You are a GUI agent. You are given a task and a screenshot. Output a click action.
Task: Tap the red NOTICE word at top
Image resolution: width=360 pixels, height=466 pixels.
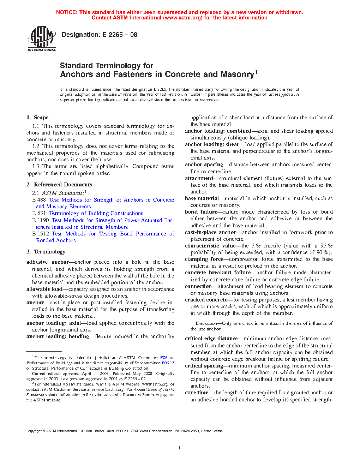[67, 12]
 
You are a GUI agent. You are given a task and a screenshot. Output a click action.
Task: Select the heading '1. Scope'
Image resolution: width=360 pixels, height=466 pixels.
[37, 118]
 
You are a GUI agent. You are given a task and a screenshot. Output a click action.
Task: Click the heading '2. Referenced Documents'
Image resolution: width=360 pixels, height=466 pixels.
[59, 185]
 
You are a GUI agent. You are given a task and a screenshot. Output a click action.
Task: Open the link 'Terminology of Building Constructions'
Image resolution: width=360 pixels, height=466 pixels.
[96, 213]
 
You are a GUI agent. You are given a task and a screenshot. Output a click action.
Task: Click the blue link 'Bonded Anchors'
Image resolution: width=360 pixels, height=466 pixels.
[56, 240]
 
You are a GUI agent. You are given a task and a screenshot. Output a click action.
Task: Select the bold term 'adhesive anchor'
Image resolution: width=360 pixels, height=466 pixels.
[48, 262]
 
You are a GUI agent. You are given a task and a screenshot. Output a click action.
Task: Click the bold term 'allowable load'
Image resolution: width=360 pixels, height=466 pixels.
[44, 289]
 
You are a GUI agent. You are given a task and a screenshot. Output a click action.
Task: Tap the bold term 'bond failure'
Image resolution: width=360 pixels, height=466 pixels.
[201, 212]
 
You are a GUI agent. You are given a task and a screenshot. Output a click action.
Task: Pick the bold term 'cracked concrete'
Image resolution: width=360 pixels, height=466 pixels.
[206, 300]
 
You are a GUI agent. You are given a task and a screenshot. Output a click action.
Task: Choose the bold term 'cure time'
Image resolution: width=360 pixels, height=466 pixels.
[197, 393]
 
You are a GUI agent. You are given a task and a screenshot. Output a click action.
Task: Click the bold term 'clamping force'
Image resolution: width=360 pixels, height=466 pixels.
[204, 259]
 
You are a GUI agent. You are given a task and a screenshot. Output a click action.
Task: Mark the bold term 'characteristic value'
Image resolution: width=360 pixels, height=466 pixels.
[210, 246]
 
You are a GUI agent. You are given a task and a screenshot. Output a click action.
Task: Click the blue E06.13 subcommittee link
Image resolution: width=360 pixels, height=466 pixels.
[168, 363]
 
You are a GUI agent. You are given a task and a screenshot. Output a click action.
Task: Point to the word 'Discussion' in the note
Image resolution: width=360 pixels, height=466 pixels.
[206, 323]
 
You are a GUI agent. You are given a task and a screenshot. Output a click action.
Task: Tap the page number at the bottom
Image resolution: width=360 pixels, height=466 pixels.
[180, 448]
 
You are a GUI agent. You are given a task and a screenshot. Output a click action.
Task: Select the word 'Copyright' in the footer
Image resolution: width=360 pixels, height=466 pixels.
[34, 431]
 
